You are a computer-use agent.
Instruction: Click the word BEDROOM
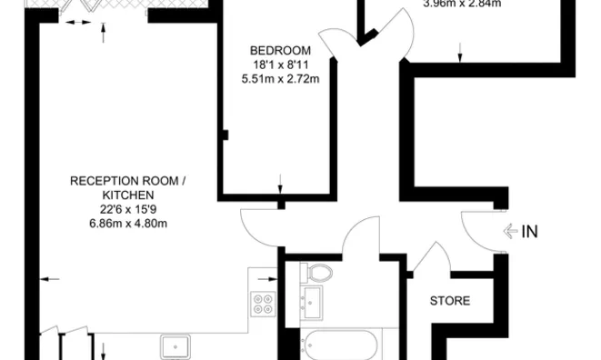280,50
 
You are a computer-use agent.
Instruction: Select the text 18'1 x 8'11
280,65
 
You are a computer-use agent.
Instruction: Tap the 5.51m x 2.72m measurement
280,79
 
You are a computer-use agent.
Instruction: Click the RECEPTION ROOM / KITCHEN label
128,188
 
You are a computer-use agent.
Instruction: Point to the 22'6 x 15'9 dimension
128,209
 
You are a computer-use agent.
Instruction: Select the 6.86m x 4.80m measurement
128,223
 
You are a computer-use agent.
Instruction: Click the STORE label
449,300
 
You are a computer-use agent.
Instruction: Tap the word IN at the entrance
530,232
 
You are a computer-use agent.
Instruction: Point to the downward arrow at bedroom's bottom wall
280,183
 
